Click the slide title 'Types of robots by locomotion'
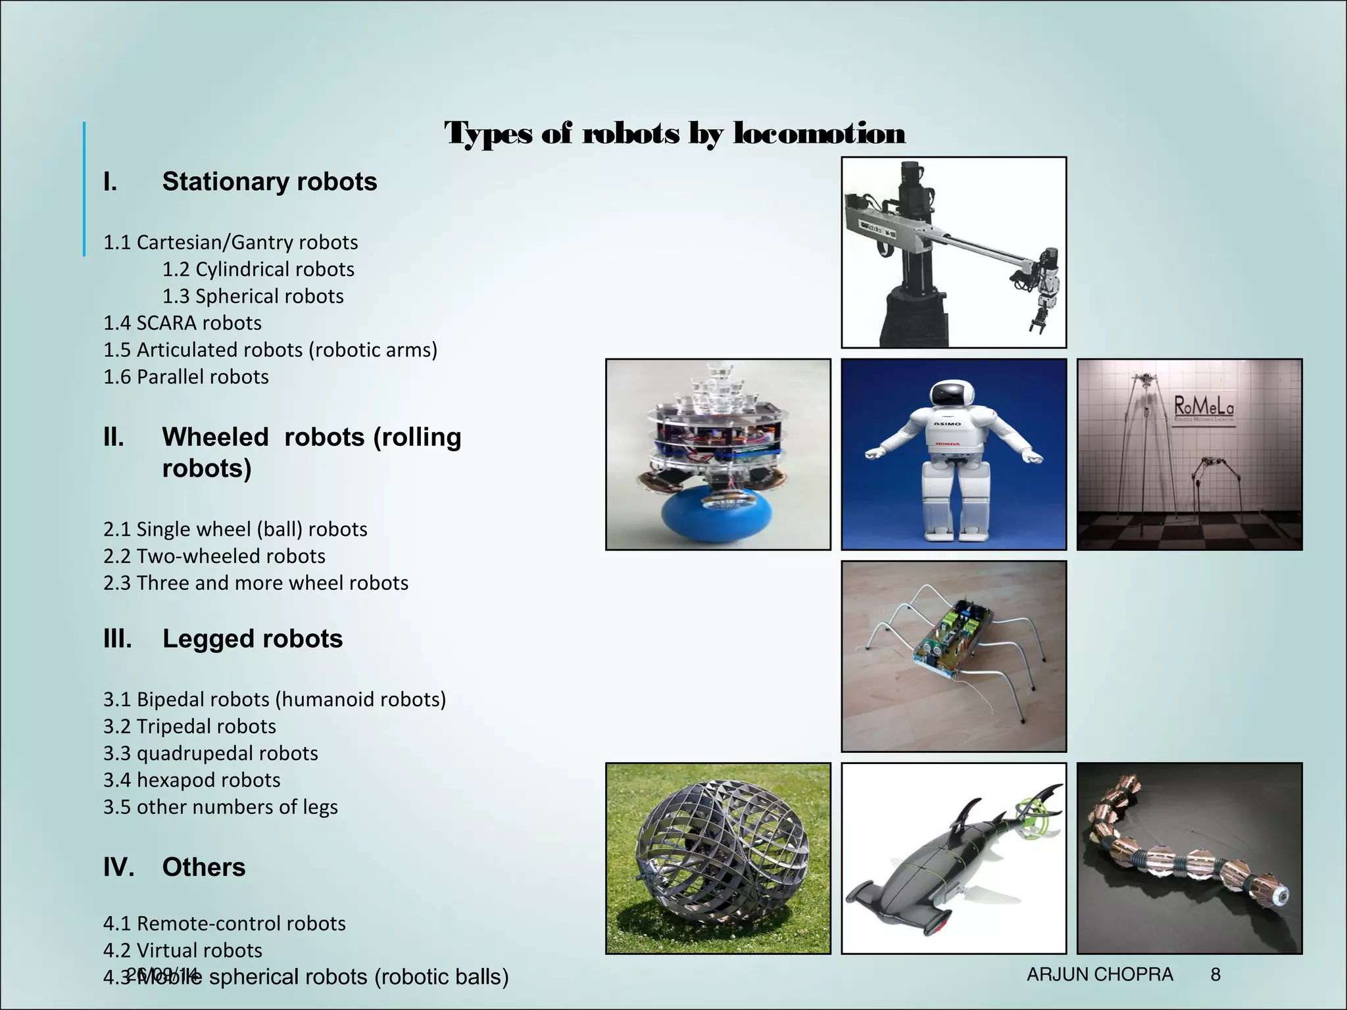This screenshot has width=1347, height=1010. (675, 133)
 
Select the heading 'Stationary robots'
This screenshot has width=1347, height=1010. (269, 181)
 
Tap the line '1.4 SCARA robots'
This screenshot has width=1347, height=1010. (182, 323)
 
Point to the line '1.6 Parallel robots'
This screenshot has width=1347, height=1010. (185, 377)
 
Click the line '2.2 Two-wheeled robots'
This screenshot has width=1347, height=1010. (214, 556)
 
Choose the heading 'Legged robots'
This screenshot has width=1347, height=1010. (252, 638)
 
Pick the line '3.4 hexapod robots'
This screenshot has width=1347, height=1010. (191, 780)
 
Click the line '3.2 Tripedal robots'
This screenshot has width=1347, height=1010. (189, 726)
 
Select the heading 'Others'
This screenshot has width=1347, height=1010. (203, 867)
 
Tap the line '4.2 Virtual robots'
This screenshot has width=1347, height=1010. (182, 950)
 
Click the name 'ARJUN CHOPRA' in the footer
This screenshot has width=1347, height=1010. (1100, 974)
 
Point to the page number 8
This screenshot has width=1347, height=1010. (1215, 974)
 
